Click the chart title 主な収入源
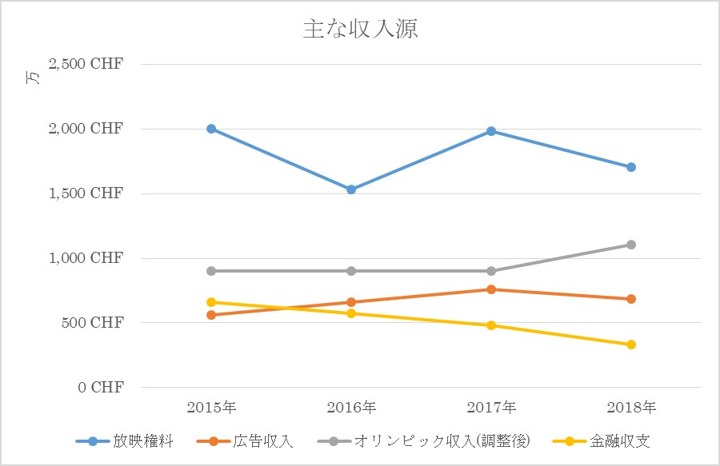pyautogui.click(x=361, y=30)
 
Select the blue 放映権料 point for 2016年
pyautogui.click(x=351, y=189)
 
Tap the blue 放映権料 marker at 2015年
pyautogui.click(x=211, y=129)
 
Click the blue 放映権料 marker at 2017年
pyautogui.click(x=491, y=131)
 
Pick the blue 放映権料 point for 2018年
pyautogui.click(x=631, y=167)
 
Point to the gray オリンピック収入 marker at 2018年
pyautogui.click(x=631, y=245)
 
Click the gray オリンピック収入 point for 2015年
pyautogui.click(x=211, y=271)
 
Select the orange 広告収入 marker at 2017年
pyautogui.click(x=491, y=289)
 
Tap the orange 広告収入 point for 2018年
pyautogui.click(x=631, y=299)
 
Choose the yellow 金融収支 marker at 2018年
pyautogui.click(x=631, y=345)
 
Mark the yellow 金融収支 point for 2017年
pyautogui.click(x=491, y=325)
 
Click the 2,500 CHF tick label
pyautogui.click(x=86, y=64)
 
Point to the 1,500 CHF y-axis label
pyautogui.click(x=86, y=193)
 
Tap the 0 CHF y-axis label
pyautogui.click(x=101, y=388)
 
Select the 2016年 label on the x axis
pyautogui.click(x=351, y=408)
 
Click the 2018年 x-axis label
pyautogui.click(x=631, y=408)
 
